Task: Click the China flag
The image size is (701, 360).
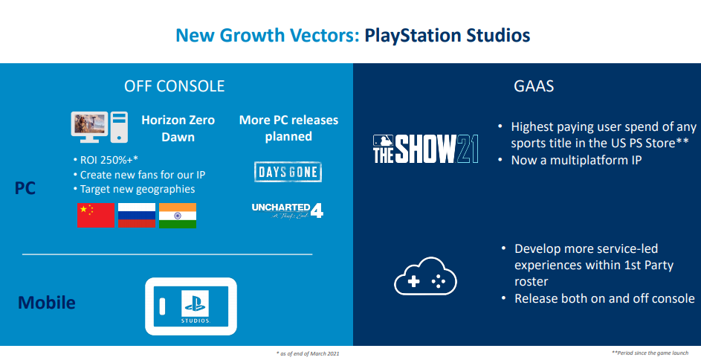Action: click(x=96, y=216)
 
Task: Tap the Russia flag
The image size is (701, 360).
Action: click(x=137, y=216)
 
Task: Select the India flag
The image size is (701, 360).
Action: click(x=178, y=216)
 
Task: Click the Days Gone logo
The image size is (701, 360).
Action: click(x=288, y=172)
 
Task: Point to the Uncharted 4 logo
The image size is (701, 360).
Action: click(x=288, y=210)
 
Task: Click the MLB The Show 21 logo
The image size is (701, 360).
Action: click(x=426, y=149)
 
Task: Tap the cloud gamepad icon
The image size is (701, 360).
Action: click(x=425, y=277)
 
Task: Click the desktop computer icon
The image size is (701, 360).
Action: click(x=100, y=127)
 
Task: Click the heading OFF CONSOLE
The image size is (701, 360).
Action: click(x=175, y=86)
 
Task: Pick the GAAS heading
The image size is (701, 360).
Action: click(x=534, y=86)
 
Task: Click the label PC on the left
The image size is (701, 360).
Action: click(x=25, y=188)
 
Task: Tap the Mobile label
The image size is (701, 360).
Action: click(x=47, y=303)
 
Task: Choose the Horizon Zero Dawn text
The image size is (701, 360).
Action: click(x=178, y=129)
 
